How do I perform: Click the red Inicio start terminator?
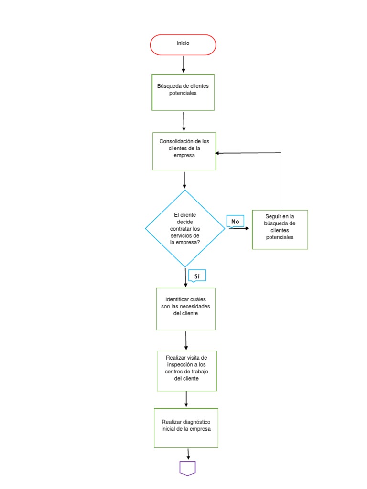click(183, 44)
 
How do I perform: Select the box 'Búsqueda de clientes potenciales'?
click(183, 92)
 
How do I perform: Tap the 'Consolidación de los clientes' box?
click(184, 151)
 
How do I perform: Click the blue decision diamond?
click(185, 228)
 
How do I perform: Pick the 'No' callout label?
click(235, 222)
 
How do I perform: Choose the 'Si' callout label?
click(197, 276)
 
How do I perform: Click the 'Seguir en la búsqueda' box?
click(280, 229)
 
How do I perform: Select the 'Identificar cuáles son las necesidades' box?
click(185, 308)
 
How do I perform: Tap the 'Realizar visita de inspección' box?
click(186, 371)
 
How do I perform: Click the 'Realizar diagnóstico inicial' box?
click(186, 427)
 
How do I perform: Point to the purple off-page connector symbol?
click(188, 468)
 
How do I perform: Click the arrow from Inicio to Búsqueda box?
click(183, 64)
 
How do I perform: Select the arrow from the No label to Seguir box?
click(239, 228)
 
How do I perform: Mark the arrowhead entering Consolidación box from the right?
click(218, 153)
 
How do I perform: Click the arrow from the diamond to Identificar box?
click(185, 277)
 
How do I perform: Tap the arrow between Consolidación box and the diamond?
click(184, 180)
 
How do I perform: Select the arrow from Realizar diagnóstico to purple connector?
click(189, 454)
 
